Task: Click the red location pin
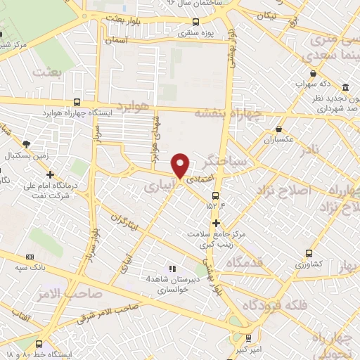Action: coord(181,165)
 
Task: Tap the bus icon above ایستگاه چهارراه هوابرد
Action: coord(86,103)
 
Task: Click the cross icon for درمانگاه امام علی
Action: coord(50,174)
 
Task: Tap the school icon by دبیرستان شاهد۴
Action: coord(172,268)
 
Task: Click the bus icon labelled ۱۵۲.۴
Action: coord(216,195)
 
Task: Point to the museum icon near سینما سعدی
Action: coord(345,87)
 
